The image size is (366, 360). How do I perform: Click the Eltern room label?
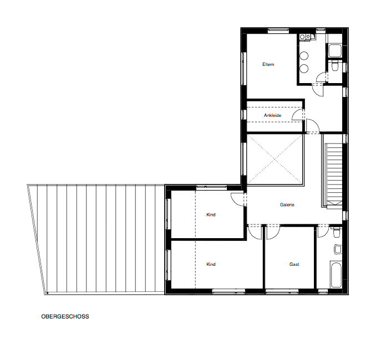coord(268,64)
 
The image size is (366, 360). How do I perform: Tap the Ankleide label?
coord(272,115)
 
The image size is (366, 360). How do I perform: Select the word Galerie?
coord(287,205)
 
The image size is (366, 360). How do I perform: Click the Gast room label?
coord(294,264)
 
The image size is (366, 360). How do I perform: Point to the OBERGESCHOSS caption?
coord(65,316)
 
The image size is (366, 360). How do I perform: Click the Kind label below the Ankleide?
coord(211,214)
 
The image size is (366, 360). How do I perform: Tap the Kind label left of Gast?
coord(211,264)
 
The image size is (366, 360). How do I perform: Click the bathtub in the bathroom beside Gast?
coord(336,275)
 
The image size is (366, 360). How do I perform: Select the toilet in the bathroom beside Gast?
coord(337,232)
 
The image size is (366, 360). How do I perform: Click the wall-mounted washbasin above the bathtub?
coord(338,249)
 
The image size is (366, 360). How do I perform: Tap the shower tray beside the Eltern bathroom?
coord(335,50)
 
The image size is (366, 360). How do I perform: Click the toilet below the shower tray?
coord(335,66)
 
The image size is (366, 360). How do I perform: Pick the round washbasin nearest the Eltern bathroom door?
coord(304,68)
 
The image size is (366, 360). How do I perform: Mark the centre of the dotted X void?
coord(274,160)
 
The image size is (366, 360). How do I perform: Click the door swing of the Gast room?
coord(273,233)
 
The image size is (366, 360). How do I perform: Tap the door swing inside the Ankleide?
coord(298,114)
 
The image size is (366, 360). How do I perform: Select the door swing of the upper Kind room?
coord(237,199)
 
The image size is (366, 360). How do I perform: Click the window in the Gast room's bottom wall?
coord(282,291)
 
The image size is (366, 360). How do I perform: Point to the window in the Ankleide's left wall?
coord(243,115)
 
